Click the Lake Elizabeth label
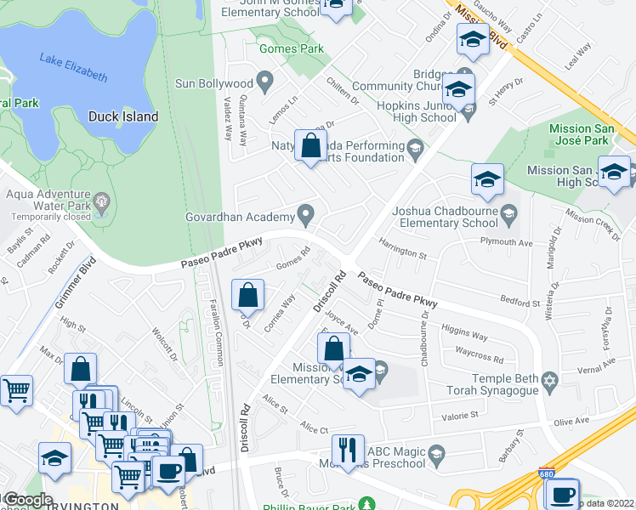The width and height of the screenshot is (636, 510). [x=73, y=67]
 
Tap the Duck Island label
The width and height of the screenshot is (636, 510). [x=123, y=116]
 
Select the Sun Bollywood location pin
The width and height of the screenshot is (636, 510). [x=265, y=83]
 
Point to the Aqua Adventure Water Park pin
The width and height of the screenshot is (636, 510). [x=104, y=202]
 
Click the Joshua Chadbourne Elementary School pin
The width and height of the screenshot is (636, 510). [x=508, y=213]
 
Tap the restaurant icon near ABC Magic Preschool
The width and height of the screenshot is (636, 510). [x=348, y=450]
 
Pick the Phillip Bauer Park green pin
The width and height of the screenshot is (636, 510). [x=366, y=503]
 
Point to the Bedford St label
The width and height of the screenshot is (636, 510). [x=520, y=303]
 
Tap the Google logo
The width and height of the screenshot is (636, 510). [x=27, y=500]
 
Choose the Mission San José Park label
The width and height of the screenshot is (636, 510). [x=579, y=134]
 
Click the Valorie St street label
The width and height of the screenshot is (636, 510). [x=460, y=415]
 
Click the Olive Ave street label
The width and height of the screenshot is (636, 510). [x=571, y=422]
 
